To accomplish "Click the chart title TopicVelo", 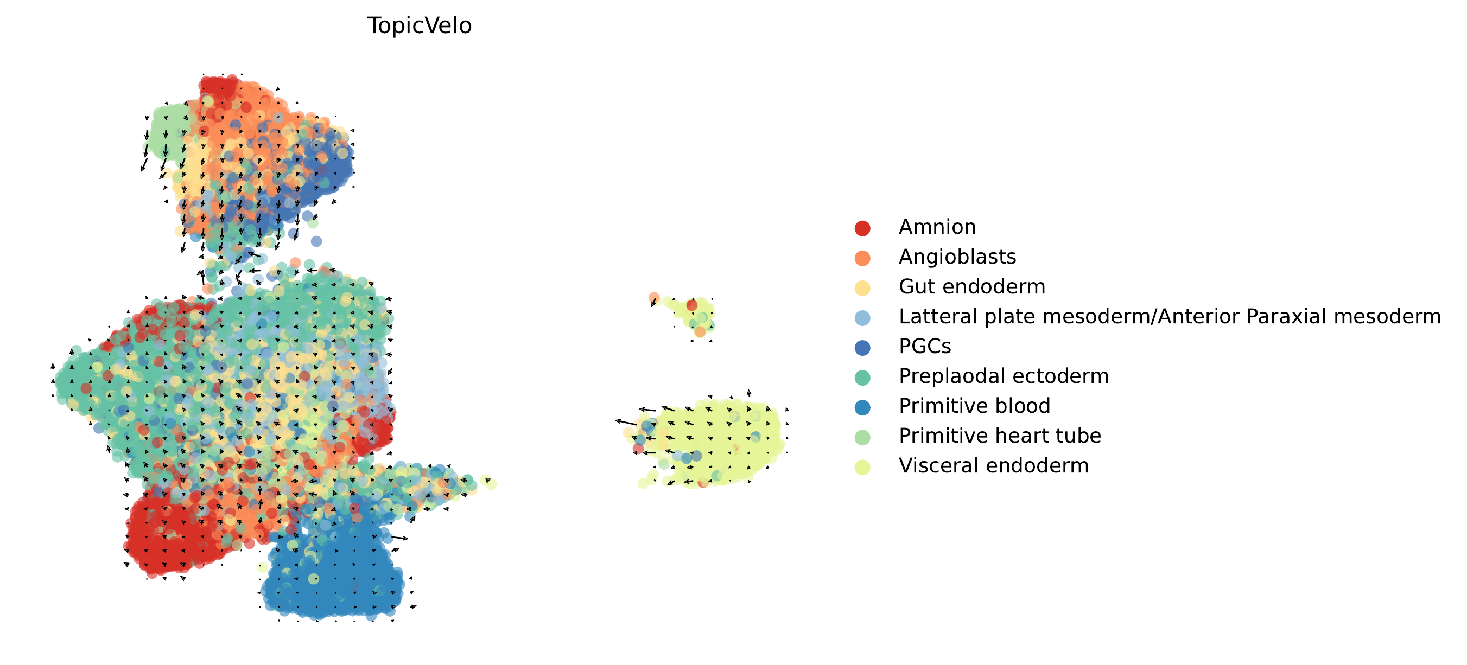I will pos(419,25).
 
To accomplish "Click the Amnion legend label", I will pos(937,227).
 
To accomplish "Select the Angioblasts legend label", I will pos(957,257).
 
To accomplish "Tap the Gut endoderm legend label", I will pos(971,286).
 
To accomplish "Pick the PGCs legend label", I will pos(924,346).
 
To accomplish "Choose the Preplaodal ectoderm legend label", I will pos(1004,376).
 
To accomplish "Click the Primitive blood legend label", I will pos(974,406).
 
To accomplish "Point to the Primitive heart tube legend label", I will pos(1000,436).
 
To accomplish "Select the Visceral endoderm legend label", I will pos(993,466).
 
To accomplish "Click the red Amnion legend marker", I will pos(862,228).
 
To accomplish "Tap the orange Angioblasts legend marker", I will pos(862,258).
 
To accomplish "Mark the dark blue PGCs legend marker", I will pos(862,347).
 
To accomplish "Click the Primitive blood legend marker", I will pos(862,407).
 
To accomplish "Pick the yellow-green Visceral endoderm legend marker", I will pos(862,467).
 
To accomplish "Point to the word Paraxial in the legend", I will pos(1283,316).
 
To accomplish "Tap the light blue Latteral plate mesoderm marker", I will pos(862,318).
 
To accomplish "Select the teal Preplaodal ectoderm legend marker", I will pos(862,378).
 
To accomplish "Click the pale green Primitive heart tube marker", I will pos(862,437).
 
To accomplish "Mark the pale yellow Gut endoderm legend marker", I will pos(862,288).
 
